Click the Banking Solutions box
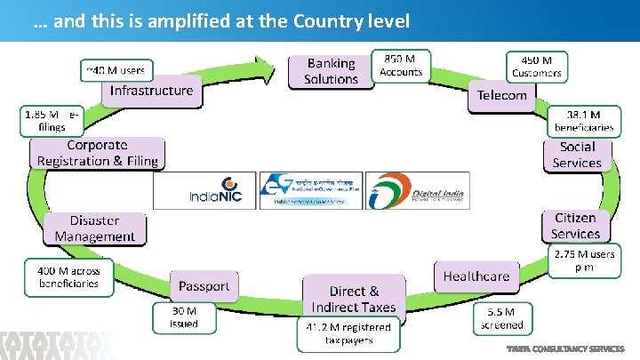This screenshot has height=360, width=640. coord(330,71)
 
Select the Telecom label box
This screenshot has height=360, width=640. coord(502,95)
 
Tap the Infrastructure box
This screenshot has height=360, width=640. coord(151,91)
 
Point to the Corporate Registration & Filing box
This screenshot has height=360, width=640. coord(98,153)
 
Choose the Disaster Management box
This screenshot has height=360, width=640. coord(94,228)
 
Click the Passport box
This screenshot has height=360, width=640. coord(204,285)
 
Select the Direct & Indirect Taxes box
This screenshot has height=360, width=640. coord(354,299)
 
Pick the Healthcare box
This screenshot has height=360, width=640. coord(476,276)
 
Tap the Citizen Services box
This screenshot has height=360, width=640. coord(575,226)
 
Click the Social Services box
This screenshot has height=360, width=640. coord(577,155)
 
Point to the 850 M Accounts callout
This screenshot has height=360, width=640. coord(401,65)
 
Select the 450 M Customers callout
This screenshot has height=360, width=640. coord(537,65)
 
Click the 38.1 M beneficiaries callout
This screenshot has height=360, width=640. coord(582,121)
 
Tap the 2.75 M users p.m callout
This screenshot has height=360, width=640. coord(584,260)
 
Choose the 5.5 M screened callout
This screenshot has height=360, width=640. coord(502,318)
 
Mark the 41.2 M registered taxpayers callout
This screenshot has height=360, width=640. coord(348,333)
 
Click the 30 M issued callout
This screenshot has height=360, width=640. coord(184,318)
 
